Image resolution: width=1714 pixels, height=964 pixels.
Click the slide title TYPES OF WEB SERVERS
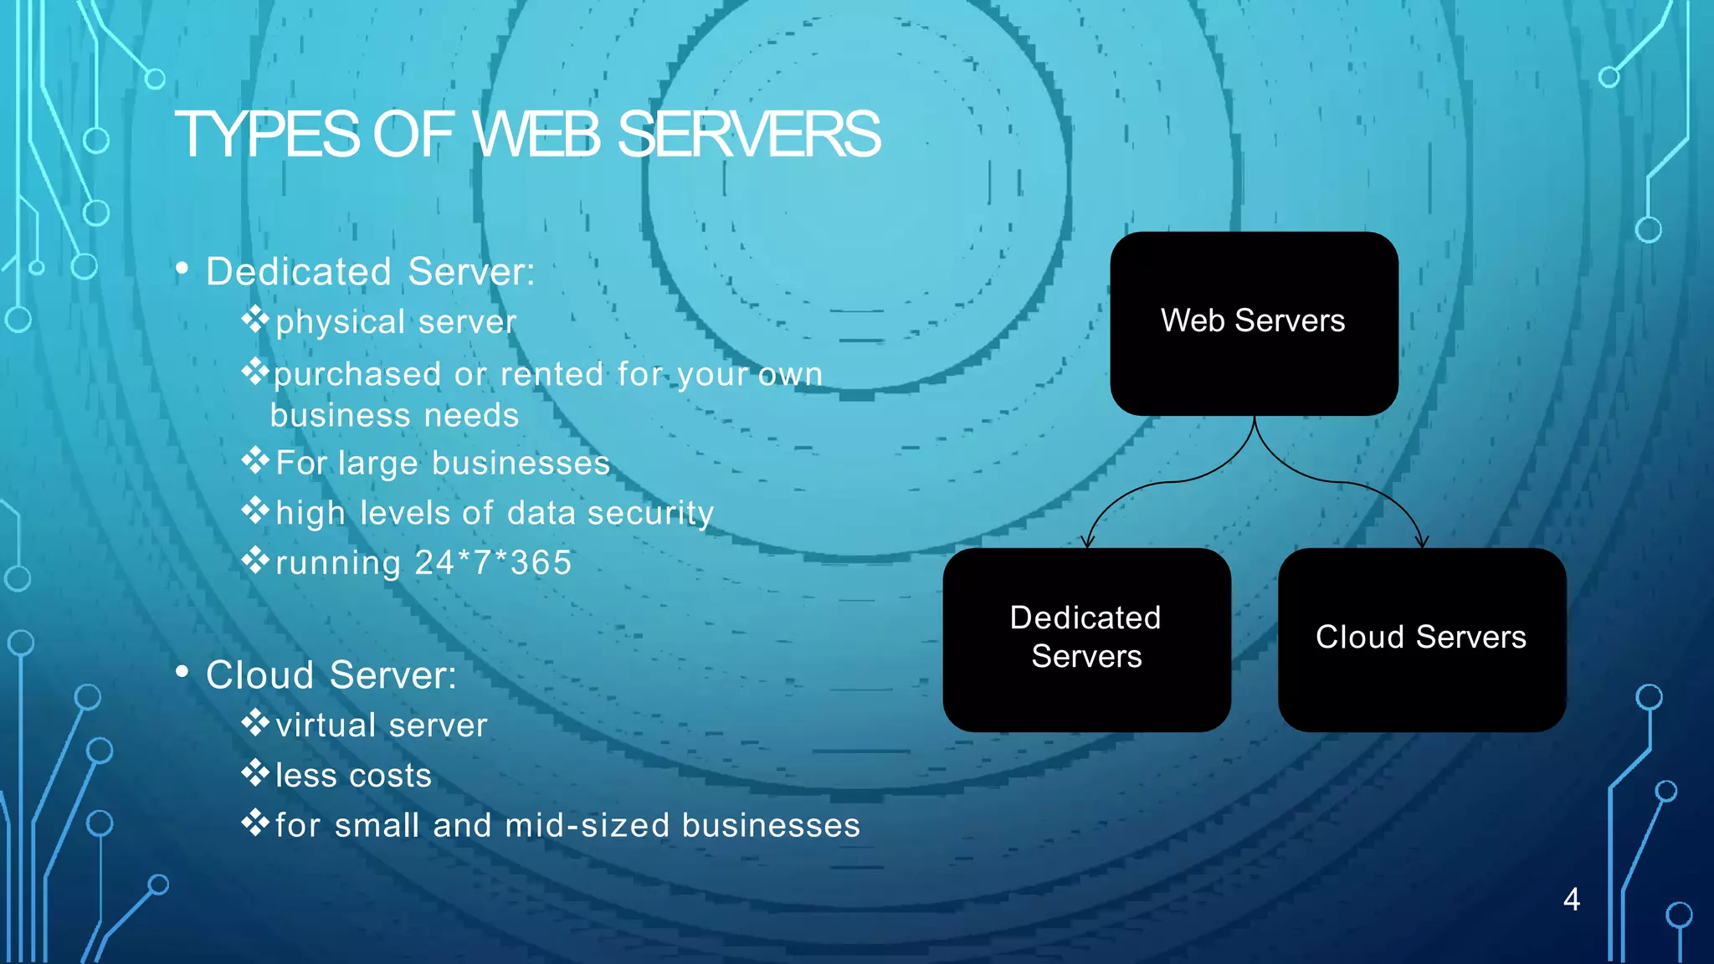[x=527, y=135]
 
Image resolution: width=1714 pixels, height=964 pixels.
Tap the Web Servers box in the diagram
[x=1254, y=323]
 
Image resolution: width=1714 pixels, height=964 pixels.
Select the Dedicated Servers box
[x=1086, y=639]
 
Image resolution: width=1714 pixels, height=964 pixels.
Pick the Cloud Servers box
[x=1421, y=639]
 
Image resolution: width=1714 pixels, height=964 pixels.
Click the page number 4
[x=1572, y=900]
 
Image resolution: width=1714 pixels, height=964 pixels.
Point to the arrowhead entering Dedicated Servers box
[x=1087, y=541]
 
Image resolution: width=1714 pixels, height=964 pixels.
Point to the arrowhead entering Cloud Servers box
[x=1423, y=541]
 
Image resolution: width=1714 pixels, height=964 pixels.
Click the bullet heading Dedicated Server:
[x=370, y=272]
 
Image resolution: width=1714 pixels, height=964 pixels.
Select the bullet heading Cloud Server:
[x=331, y=675]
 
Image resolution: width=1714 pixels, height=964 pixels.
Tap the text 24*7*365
[x=494, y=563]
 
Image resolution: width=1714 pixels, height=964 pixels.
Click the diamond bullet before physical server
[x=254, y=319]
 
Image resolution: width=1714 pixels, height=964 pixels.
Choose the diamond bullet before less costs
[x=254, y=772]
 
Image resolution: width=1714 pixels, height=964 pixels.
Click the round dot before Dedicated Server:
[x=182, y=269]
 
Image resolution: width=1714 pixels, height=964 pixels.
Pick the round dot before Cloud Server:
[x=182, y=672]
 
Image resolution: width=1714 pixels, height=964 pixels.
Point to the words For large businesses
[x=443, y=464]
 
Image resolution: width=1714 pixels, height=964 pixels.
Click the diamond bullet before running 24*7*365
[x=254, y=560]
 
